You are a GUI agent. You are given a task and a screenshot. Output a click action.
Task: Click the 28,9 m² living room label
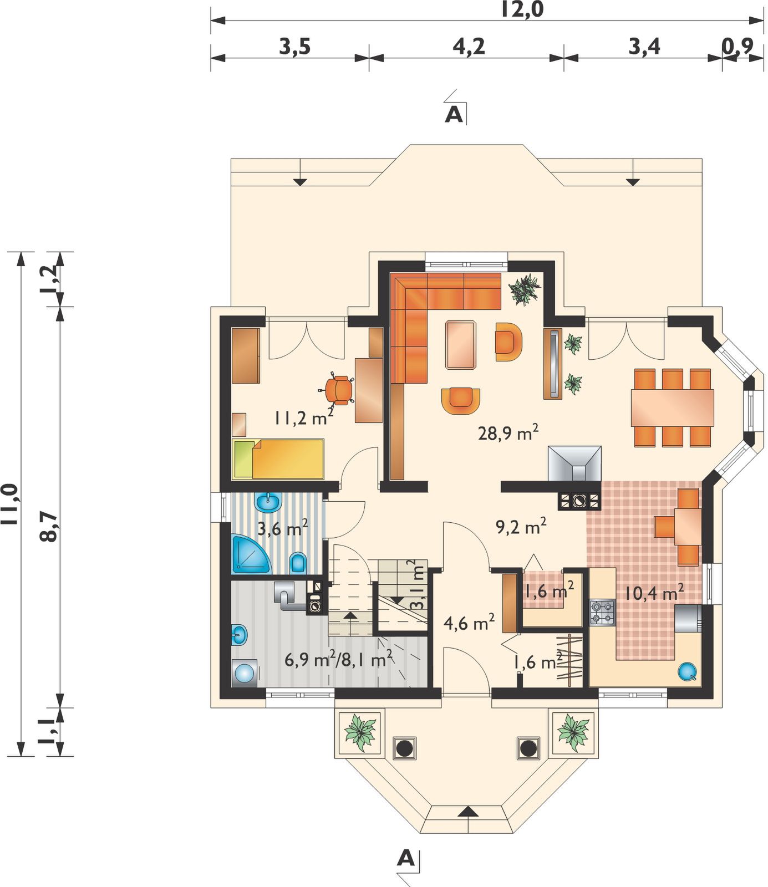point(508,432)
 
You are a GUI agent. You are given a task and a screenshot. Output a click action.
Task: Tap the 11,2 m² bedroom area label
point(303,417)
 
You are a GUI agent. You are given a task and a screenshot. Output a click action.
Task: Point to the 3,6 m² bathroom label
point(283,527)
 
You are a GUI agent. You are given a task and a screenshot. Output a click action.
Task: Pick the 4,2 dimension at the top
point(469,47)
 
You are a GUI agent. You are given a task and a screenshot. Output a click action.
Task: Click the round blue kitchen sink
point(688,671)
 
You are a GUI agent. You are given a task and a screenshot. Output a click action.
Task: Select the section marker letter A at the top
point(454,114)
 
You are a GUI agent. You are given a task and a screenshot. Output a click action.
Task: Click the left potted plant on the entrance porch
point(359,732)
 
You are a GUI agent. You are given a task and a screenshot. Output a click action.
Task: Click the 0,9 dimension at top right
point(738,47)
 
